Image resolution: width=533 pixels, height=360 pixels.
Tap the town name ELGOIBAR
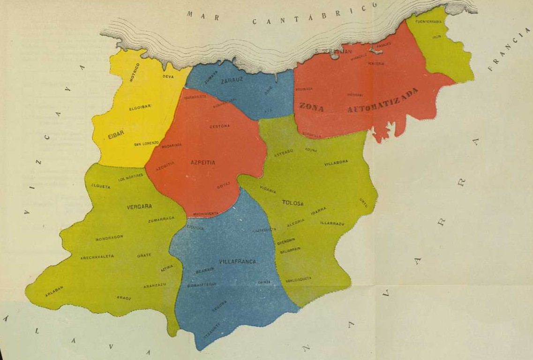140,107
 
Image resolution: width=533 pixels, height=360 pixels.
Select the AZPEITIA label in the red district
203,162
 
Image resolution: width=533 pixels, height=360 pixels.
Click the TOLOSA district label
293,203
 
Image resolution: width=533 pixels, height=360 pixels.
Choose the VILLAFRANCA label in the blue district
238,262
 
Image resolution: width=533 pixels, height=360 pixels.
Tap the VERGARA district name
139,206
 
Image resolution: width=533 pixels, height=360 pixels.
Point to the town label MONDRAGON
109,238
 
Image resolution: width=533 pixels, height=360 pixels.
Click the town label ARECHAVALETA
97,257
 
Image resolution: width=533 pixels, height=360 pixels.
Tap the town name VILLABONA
336,162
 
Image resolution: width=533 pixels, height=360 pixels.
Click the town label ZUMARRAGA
161,219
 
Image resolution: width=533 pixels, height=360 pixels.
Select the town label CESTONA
219,126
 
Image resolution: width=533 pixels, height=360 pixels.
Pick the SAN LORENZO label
146,143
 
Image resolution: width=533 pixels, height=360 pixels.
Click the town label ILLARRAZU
332,224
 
